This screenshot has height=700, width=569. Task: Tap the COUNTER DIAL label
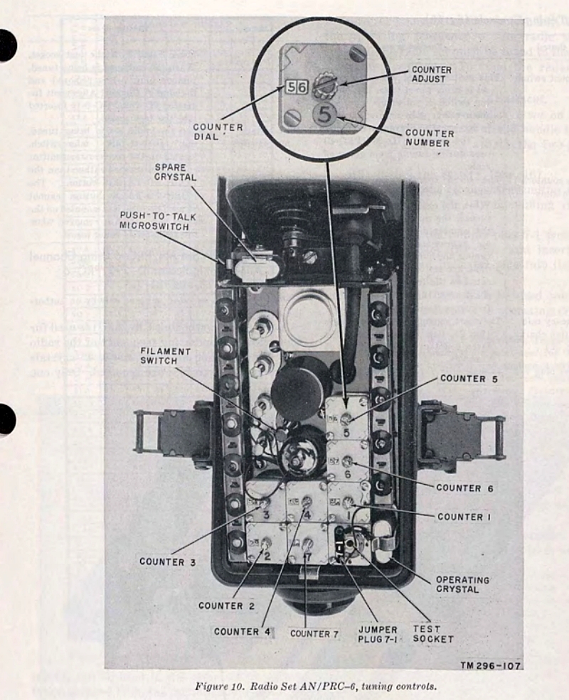218,133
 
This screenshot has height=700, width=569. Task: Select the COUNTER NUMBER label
429,138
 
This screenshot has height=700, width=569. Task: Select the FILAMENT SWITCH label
166,356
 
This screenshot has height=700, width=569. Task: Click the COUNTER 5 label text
470,378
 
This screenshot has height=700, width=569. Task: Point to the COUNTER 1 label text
464,517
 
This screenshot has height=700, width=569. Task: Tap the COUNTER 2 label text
226,605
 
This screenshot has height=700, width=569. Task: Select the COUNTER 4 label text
243,632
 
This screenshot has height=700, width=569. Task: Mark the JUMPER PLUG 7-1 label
378,635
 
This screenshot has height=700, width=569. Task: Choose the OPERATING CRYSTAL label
462,584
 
